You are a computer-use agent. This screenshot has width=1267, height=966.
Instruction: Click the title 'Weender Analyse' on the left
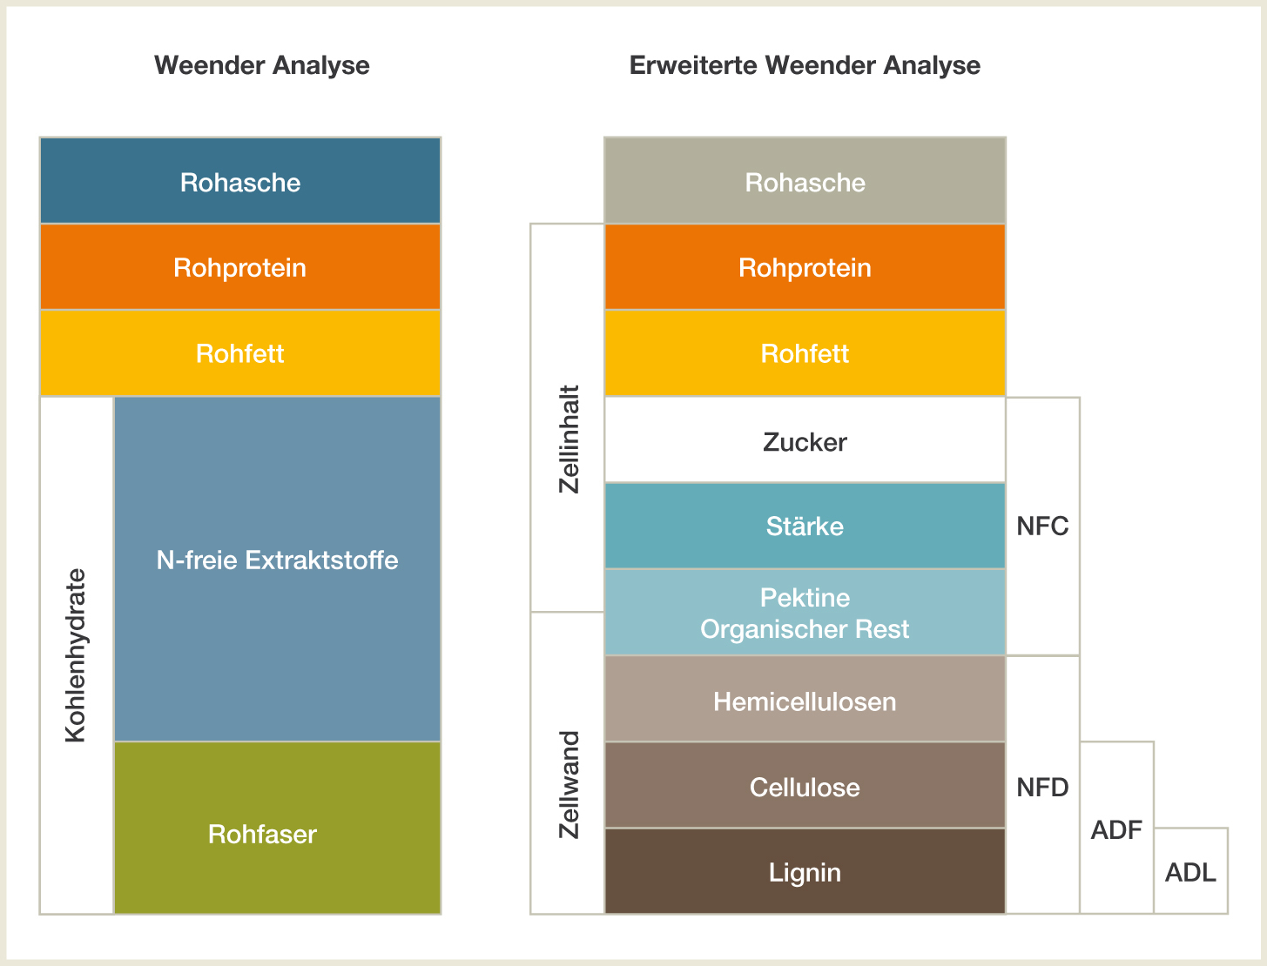tap(261, 65)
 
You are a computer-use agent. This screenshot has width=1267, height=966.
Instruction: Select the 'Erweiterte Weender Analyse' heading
tap(805, 65)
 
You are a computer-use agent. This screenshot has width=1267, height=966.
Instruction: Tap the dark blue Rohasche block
tap(240, 180)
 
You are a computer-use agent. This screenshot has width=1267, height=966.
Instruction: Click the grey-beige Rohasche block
tap(805, 180)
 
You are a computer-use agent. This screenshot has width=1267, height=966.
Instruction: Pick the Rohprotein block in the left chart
tap(240, 267)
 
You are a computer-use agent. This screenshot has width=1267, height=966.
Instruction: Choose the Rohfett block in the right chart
tap(805, 353)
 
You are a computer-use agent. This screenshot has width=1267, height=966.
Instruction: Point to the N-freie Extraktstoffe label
tap(277, 560)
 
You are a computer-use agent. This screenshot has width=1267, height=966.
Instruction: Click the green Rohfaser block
tap(277, 828)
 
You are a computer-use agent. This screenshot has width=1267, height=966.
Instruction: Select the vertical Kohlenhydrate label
tap(76, 655)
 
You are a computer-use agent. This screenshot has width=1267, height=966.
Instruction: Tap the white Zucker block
tap(805, 439)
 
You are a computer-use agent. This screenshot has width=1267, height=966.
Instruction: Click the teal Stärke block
tap(805, 526)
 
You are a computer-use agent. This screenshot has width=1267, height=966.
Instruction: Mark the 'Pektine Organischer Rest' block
tap(805, 612)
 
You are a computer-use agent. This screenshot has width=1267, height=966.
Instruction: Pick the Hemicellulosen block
tap(805, 699)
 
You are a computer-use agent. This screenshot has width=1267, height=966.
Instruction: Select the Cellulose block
tap(805, 785)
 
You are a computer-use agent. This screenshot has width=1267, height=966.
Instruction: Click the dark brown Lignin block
tap(805, 871)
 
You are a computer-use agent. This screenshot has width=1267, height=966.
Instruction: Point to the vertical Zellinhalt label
tap(569, 439)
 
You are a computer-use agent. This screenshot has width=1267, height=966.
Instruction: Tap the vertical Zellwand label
tap(569, 785)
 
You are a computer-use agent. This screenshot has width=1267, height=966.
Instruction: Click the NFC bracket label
tap(1042, 526)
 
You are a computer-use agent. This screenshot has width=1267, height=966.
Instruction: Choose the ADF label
tap(1116, 830)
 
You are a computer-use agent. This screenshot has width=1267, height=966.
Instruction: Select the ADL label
tap(1190, 873)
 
